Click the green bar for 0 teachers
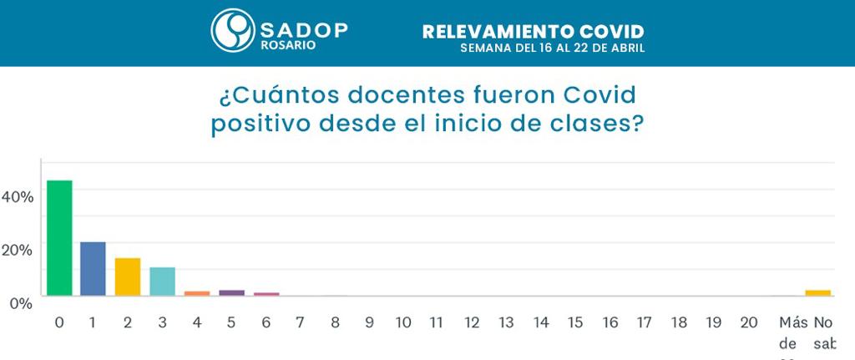pos(59,238)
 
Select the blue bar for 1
pos(93,268)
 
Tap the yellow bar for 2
pos(128,276)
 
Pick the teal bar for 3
pos(162,281)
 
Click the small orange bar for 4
pos(197,293)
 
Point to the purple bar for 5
pos(231,292)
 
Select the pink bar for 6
pos(266,294)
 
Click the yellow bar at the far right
pos(818,292)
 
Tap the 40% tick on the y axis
pos(18,196)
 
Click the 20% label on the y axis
pos(18,249)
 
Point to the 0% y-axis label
pos(21,302)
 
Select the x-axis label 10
pos(403,322)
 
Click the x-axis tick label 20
pos(748,322)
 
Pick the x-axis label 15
pos(575,322)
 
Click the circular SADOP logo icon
pos(232,31)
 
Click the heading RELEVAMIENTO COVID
pos(533,32)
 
